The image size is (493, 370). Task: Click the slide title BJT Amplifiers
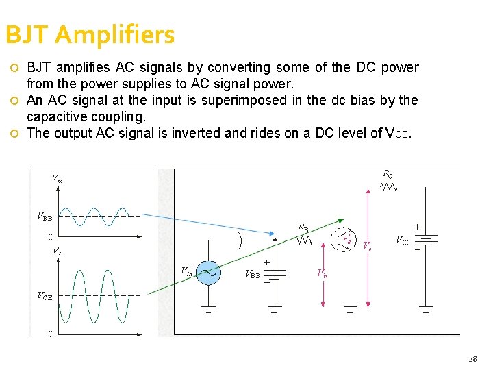[90, 34]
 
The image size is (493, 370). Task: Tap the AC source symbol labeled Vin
[207, 273]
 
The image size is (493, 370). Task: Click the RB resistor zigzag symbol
[304, 240]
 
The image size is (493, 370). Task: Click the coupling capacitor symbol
[241, 240]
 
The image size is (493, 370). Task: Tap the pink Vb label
[322, 273]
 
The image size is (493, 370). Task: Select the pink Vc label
[367, 245]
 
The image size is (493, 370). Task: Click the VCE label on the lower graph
[45, 296]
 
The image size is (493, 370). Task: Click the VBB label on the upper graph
[45, 217]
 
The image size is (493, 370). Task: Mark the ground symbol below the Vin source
[207, 309]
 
